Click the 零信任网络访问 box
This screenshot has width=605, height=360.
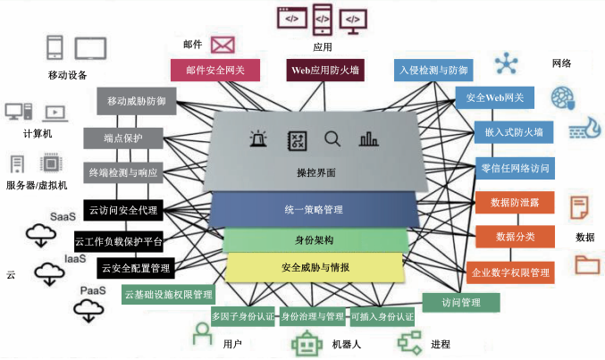(x=515, y=167)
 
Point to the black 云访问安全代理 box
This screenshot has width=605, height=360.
(x=123, y=211)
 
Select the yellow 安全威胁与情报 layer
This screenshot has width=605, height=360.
(x=315, y=267)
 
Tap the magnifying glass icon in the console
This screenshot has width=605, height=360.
(x=332, y=139)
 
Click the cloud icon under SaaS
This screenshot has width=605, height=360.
(x=40, y=235)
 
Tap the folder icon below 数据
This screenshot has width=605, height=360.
(x=587, y=264)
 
